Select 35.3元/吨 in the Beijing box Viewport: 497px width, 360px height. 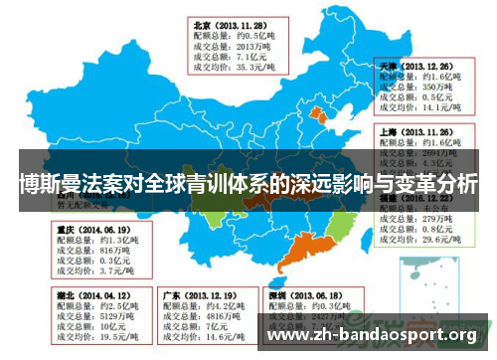click(250, 69)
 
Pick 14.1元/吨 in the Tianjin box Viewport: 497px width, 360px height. click(441, 107)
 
